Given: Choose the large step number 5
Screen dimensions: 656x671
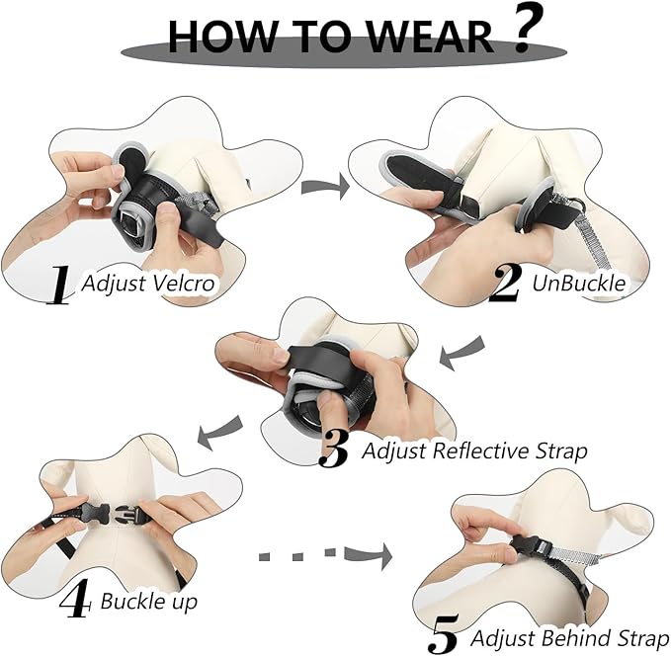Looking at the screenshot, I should [x=447, y=633].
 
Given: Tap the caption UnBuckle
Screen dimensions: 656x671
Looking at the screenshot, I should [x=579, y=283].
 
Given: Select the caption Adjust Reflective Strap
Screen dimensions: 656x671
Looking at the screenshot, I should [x=474, y=451].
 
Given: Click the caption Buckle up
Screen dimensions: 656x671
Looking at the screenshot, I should [x=148, y=601].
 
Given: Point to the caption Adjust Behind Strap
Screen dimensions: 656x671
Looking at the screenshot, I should [x=569, y=637].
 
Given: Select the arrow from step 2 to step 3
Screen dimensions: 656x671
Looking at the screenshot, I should [x=462, y=353].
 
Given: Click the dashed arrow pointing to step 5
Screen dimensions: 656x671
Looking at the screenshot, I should [x=325, y=556].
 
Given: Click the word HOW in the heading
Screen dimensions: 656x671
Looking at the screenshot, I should [x=217, y=37].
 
